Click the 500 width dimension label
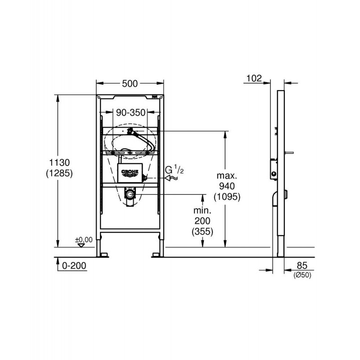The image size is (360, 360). click(130, 84)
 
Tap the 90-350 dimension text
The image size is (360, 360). click(130, 112)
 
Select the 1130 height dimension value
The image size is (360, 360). click(59, 162)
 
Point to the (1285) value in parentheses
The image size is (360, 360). click(59, 173)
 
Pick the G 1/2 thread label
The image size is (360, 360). click(174, 170)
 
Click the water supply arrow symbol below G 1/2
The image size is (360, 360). click(171, 178)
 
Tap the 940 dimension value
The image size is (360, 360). click(227, 186)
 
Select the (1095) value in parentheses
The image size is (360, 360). click(227, 197)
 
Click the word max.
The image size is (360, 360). click(227, 176)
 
